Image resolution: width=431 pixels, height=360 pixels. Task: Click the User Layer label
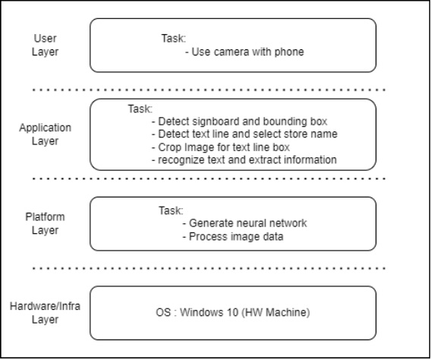point(45,44)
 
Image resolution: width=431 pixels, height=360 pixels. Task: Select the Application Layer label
point(45,134)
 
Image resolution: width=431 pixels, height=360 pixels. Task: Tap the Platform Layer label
point(45,223)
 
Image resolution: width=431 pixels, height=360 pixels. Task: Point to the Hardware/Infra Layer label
point(45,312)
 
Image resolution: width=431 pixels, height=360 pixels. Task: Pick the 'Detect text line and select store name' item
point(244,134)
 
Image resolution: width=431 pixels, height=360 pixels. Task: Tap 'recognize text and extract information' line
point(244,160)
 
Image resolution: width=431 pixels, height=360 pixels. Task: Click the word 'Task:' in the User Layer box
point(174,37)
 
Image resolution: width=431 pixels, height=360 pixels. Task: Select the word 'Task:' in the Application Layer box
point(140,109)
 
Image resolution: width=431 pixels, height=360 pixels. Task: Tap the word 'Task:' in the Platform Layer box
point(171,210)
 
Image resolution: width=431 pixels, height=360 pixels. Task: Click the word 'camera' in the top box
point(227,52)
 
